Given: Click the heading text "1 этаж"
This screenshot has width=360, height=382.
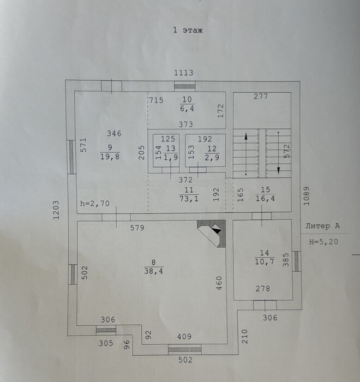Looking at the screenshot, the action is [188, 30].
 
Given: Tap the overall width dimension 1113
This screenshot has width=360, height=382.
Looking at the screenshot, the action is [184, 73].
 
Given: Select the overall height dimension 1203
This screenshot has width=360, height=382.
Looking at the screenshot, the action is [56, 210].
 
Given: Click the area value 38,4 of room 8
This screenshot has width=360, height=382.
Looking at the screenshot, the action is [154, 271].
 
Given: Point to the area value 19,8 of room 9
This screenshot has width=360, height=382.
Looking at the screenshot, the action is [110, 157].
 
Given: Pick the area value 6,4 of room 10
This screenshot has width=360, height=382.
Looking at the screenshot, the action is [187, 109].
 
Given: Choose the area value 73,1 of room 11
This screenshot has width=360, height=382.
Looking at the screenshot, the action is [189, 199].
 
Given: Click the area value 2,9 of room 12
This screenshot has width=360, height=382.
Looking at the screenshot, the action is [212, 157].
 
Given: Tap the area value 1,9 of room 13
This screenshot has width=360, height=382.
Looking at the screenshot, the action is [171, 157].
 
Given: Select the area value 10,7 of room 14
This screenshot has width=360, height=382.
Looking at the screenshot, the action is [265, 261].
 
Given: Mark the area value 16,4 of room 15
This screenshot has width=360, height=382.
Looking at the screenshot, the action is [265, 198].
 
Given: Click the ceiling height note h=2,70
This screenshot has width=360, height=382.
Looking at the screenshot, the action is [95, 204].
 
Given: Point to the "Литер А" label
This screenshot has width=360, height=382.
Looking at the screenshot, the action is [322, 226].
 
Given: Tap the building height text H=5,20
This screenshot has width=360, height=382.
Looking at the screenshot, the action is [323, 242].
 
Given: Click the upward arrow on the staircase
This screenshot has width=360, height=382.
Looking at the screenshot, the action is [246, 154].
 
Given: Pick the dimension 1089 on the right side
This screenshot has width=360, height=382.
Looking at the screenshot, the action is [307, 196].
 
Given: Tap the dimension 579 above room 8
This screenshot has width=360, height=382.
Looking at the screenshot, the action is [137, 228].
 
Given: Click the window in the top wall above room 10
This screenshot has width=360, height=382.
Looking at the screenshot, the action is [184, 86].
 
